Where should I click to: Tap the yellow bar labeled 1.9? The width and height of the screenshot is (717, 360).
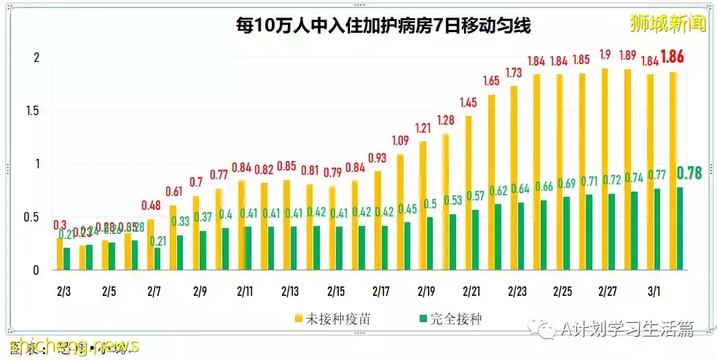(604, 169)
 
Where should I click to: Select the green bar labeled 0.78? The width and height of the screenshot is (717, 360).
(679, 228)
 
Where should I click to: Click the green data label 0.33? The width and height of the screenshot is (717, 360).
(181, 222)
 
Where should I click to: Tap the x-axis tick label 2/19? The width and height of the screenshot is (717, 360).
(426, 291)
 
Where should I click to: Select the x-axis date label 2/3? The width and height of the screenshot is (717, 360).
(64, 291)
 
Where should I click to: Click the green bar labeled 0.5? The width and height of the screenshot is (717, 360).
(431, 243)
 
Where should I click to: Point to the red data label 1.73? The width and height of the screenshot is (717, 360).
(514, 73)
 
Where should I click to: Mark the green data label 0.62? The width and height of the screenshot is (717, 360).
(499, 191)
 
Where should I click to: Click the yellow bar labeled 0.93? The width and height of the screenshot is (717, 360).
(377, 221)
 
